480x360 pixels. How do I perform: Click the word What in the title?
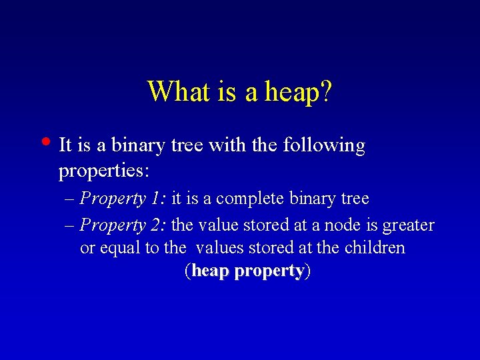(178, 91)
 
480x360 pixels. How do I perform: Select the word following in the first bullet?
(325, 145)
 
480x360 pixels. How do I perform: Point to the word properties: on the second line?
(103, 172)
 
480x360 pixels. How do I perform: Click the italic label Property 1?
(123, 199)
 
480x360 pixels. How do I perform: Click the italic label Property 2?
(123, 225)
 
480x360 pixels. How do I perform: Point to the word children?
(375, 248)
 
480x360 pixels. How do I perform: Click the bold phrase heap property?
(247, 271)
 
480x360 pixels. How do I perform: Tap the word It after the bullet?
(65, 145)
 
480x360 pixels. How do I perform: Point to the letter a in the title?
(251, 93)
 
